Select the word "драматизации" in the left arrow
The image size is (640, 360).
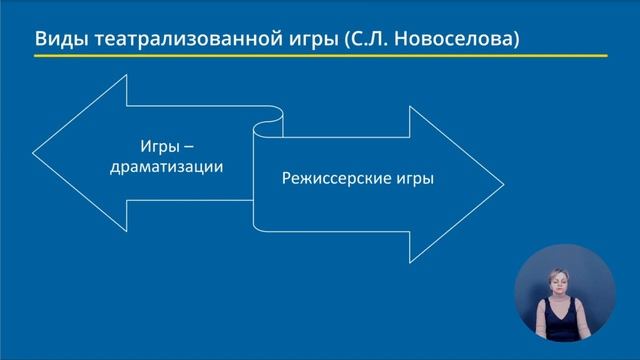pyautogui.click(x=167, y=167)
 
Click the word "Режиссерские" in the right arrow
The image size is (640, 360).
pyautogui.click(x=321, y=180)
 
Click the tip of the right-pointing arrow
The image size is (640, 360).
pyautogui.click(x=503, y=180)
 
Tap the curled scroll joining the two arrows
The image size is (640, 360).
pyautogui.click(x=266, y=130)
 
